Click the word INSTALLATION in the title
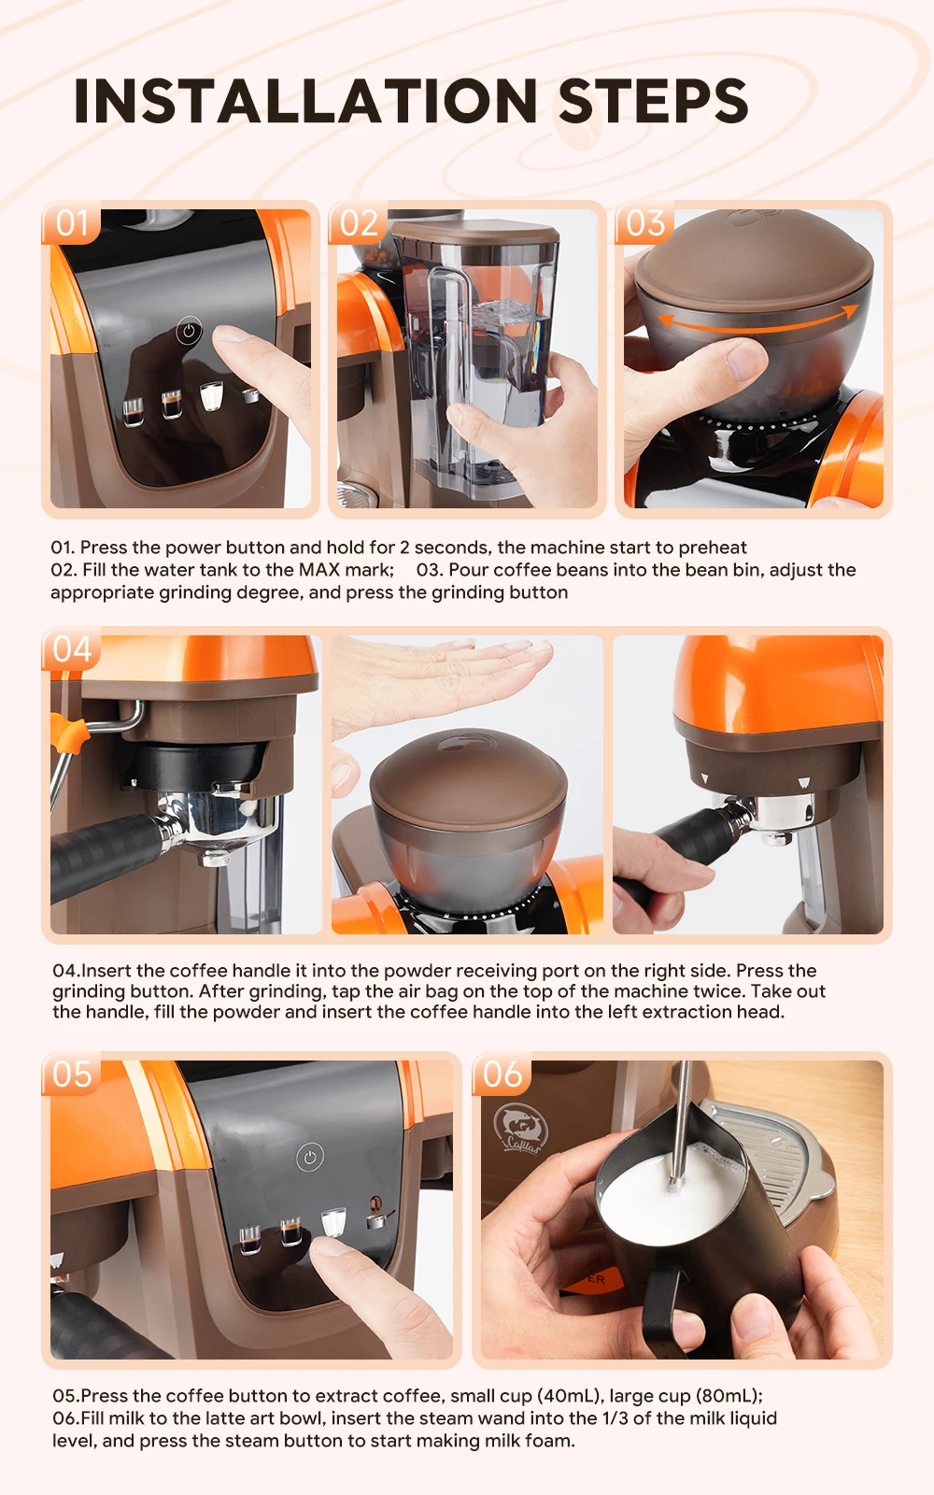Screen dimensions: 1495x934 click(x=305, y=101)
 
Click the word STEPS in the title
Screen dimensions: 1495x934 click(x=653, y=101)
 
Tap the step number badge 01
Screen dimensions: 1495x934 click(x=72, y=224)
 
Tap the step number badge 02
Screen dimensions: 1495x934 click(x=359, y=224)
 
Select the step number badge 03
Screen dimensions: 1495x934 click(x=645, y=224)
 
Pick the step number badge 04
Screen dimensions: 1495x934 click(x=72, y=649)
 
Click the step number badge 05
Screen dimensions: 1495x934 click(x=72, y=1075)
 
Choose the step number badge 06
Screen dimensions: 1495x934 click(x=502, y=1075)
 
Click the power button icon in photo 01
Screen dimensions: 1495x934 click(x=189, y=331)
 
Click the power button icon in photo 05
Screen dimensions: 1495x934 click(x=310, y=1158)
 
